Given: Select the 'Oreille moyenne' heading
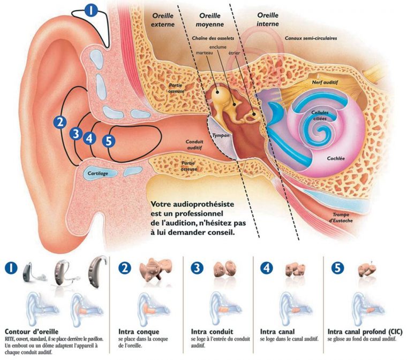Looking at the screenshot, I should coord(209,20).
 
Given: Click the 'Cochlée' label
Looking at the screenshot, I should coord(339,158).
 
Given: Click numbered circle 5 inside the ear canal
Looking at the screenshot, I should coord(109,141).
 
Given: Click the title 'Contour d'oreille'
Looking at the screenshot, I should coord(32,330).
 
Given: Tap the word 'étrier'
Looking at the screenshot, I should coord(235,53).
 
